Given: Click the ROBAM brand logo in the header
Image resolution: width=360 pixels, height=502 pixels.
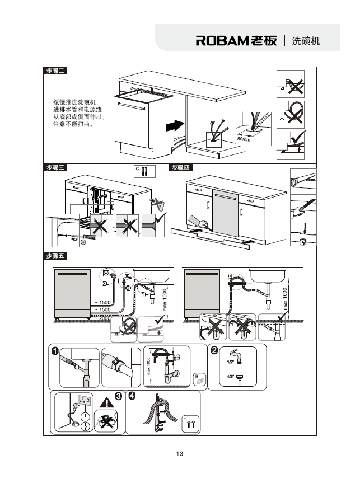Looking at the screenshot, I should coord(236,41).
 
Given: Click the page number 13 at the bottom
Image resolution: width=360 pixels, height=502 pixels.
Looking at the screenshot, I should coord(180,453).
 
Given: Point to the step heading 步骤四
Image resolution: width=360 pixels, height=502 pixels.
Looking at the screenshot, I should coord(181,167).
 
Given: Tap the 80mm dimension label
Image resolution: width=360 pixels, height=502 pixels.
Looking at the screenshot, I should coord(244,138).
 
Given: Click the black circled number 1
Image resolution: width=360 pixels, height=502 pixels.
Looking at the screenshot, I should coord(54,351).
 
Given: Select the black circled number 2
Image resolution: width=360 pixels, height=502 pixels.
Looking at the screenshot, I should coord(214,351).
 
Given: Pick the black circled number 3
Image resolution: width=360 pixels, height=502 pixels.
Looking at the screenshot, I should coord(119,396).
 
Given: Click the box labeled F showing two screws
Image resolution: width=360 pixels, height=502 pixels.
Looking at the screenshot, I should coord(190,423).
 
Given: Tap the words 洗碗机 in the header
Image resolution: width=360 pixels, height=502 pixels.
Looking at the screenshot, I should coord(306,41).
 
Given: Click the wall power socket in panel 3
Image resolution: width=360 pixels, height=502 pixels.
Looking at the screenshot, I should coord(85,401).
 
